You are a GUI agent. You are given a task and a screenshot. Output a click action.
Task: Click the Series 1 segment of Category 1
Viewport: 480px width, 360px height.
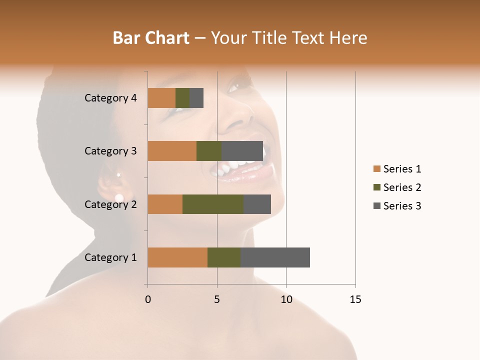(177, 257)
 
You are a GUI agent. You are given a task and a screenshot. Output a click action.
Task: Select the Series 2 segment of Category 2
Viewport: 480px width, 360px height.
(213, 204)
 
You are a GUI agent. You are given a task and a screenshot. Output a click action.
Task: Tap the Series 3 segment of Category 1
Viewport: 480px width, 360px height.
(275, 257)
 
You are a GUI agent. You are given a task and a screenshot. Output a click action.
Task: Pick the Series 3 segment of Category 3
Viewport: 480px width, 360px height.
(242, 151)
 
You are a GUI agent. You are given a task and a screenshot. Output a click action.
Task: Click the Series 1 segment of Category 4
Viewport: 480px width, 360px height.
(161, 98)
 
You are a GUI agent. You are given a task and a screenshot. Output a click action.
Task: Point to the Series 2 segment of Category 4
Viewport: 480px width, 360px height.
(182, 98)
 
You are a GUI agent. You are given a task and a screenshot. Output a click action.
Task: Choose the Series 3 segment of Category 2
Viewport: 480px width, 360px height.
(257, 204)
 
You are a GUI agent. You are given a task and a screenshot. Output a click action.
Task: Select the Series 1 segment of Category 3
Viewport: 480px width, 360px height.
(172, 151)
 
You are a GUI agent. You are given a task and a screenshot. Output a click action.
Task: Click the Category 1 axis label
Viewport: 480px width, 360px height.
(110, 257)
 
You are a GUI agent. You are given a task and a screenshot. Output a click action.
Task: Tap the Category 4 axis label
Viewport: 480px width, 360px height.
(110, 98)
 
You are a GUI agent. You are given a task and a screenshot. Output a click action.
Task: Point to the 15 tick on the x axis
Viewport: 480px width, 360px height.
(355, 299)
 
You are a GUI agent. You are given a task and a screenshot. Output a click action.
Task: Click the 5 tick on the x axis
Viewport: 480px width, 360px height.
(217, 299)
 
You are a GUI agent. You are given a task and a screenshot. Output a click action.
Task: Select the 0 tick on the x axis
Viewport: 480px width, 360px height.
(148, 299)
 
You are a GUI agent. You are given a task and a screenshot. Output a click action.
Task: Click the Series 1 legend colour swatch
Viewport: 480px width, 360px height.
(377, 169)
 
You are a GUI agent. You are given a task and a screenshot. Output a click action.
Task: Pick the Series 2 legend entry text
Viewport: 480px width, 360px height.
(402, 187)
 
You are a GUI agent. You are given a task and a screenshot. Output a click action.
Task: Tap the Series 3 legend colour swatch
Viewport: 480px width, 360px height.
(377, 206)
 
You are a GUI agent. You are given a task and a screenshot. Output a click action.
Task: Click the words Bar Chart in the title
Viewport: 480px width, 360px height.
(150, 38)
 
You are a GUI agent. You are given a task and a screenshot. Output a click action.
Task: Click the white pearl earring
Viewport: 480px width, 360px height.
(119, 198)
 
